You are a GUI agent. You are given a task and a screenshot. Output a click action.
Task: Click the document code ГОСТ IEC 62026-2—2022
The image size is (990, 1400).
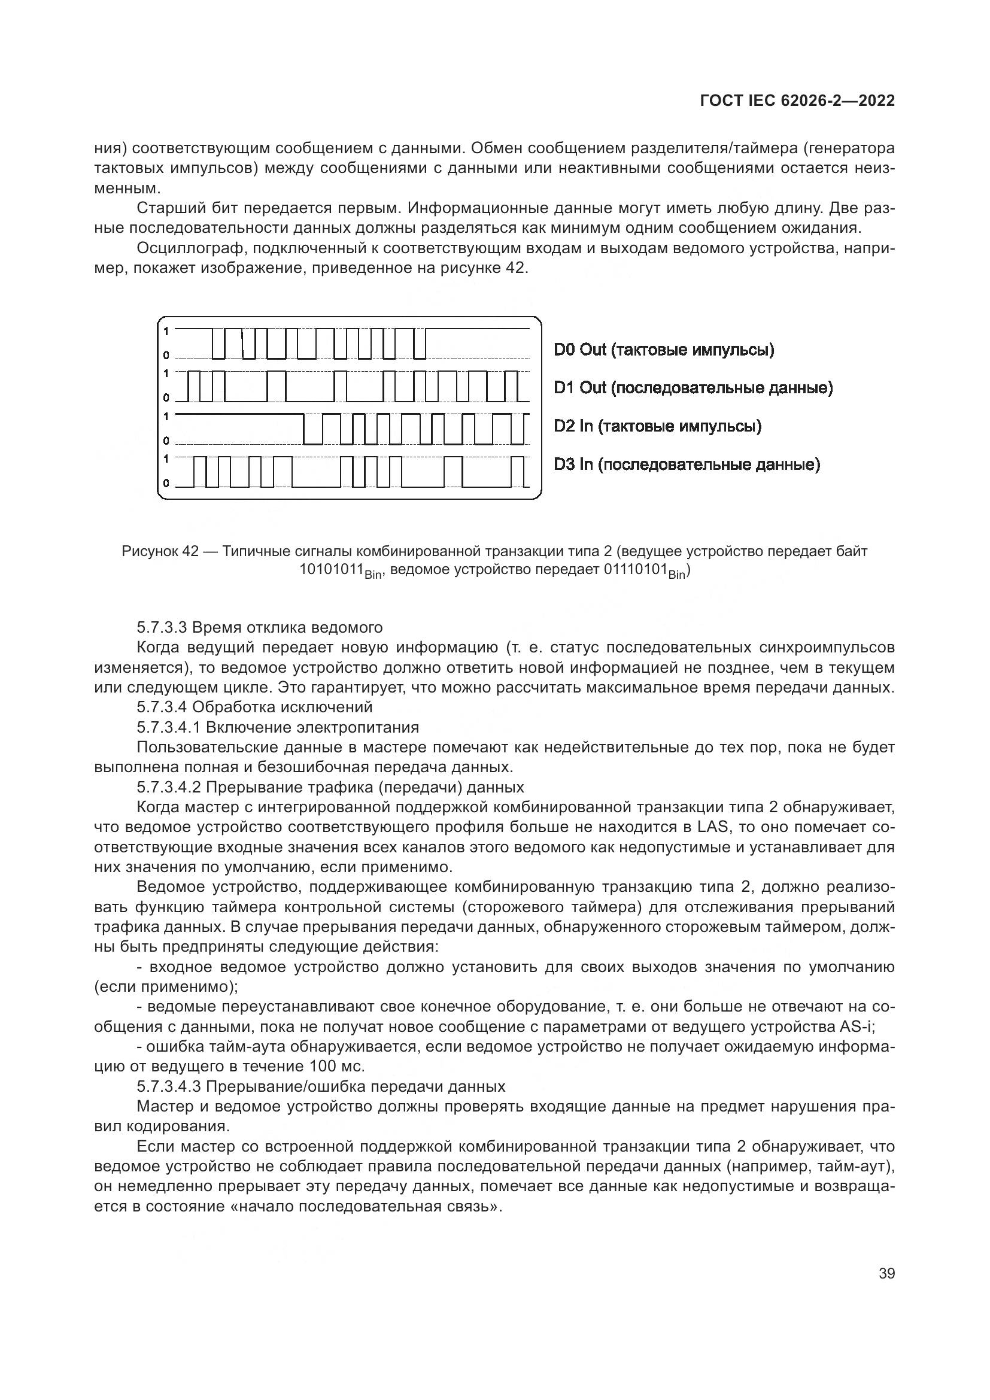click(797, 101)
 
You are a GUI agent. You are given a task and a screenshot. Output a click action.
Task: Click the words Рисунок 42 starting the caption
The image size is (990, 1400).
click(160, 551)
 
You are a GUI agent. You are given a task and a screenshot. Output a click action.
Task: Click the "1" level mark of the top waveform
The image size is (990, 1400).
click(166, 330)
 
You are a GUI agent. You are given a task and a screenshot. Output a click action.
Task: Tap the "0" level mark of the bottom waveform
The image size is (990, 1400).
click(166, 484)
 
